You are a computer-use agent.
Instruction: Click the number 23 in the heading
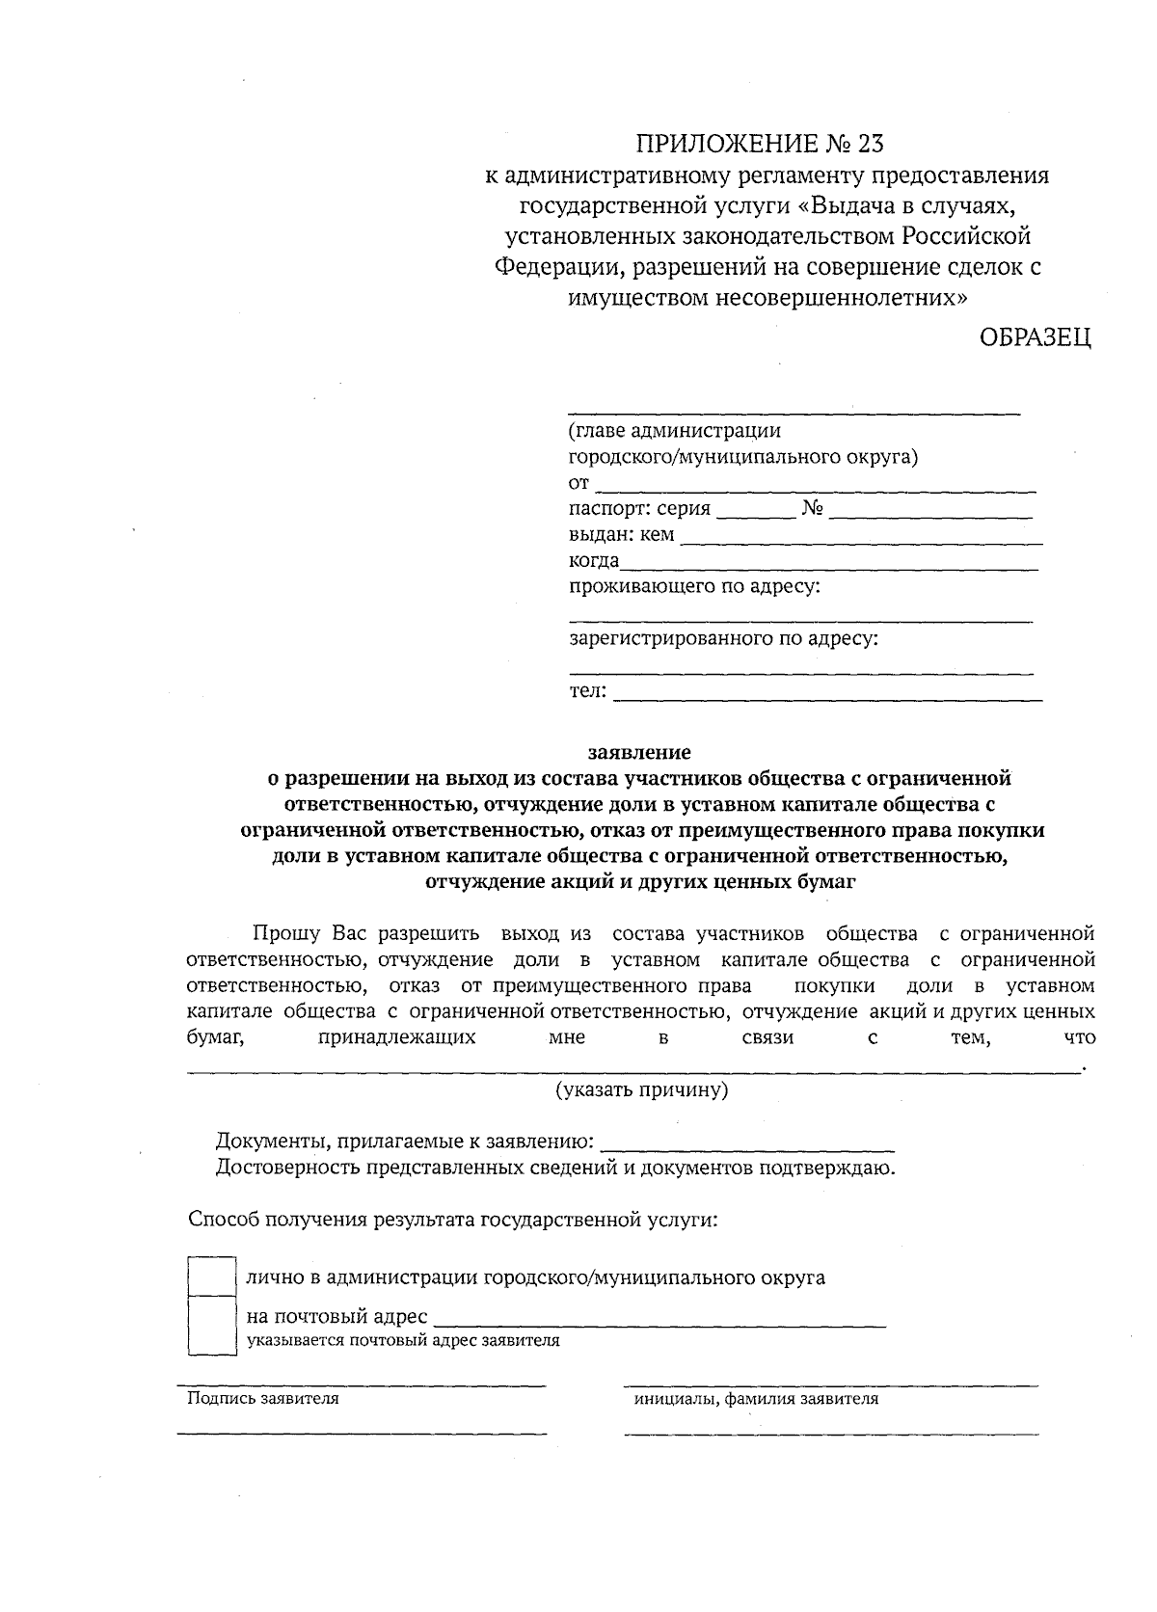tap(867, 145)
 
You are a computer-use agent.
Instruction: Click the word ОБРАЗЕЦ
tap(1036, 338)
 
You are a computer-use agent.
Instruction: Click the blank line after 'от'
tap(815, 488)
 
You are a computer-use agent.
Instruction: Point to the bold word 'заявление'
tap(640, 751)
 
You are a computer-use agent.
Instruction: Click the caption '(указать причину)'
tap(641, 1090)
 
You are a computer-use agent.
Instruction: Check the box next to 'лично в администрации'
tap(211, 1276)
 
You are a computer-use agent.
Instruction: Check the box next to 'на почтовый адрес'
tap(211, 1326)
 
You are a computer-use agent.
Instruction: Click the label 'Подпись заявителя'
tap(262, 1399)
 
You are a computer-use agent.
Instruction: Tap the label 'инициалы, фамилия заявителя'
tap(755, 1399)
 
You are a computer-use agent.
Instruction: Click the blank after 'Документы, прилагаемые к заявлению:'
tap(747, 1147)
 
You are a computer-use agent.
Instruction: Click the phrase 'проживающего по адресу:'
tap(694, 586)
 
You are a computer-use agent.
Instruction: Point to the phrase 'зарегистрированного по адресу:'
tap(723, 638)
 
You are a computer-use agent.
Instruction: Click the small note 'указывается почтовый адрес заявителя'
tap(403, 1341)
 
